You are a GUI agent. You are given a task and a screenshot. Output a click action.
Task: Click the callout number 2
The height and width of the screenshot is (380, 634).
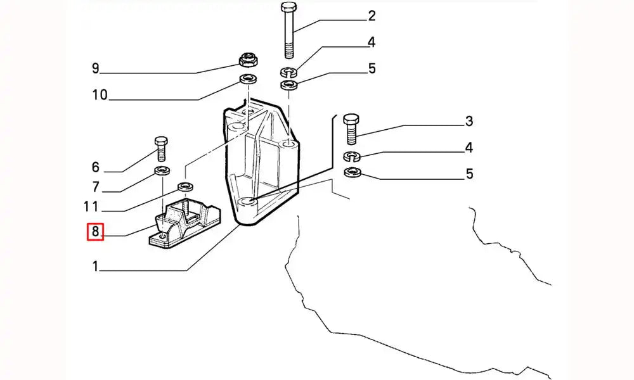372,15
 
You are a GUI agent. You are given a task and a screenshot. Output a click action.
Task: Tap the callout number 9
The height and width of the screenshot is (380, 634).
95,68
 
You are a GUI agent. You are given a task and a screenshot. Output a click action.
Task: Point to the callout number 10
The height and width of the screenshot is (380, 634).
100,96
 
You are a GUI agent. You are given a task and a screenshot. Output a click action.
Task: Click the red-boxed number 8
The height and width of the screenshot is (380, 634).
95,232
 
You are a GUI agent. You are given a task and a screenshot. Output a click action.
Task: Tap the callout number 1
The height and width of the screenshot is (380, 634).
95,267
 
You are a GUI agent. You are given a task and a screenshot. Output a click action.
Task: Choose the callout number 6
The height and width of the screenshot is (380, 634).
96,167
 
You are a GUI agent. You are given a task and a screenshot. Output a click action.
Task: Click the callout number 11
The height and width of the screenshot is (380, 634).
91,206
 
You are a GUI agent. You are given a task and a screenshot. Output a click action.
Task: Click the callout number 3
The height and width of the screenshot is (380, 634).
469,121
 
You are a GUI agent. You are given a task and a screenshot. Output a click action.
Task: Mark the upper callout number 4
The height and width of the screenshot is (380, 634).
372,42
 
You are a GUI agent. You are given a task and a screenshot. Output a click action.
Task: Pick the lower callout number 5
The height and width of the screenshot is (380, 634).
469,174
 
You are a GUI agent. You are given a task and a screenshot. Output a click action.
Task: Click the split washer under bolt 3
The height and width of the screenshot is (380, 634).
352,156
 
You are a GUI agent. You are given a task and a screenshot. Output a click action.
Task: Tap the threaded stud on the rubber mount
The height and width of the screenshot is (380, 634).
188,206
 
